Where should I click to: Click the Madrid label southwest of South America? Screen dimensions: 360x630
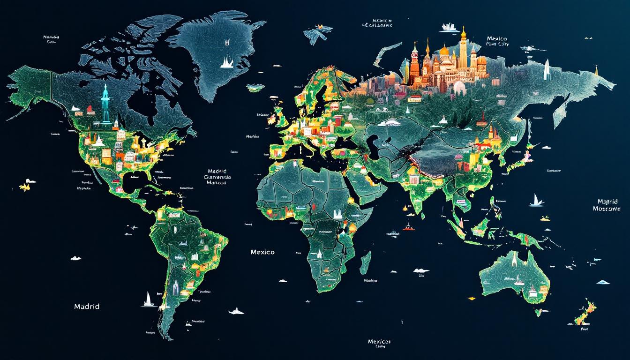(x=87, y=306)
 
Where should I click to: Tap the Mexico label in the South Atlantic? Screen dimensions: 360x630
(x=262, y=252)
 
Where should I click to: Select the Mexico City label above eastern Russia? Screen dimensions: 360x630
(x=497, y=41)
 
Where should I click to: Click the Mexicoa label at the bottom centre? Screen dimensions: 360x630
(x=379, y=341)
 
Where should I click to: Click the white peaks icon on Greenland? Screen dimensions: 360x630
(x=227, y=61)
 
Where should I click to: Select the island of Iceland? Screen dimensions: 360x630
(x=255, y=87)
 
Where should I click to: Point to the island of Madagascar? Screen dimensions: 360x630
(x=366, y=262)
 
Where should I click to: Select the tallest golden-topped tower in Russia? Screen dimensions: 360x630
(x=464, y=49)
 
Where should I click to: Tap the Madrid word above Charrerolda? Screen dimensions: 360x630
(x=216, y=171)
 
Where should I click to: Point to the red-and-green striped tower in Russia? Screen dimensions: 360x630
(x=415, y=61)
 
